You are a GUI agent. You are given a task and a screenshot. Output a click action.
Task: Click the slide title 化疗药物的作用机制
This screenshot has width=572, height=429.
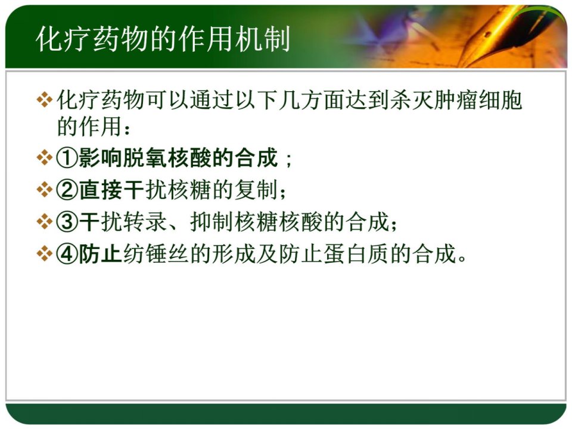[x=163, y=39]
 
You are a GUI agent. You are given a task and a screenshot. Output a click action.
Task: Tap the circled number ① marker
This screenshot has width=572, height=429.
[x=67, y=158]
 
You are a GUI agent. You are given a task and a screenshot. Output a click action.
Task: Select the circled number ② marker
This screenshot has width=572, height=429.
[x=67, y=189]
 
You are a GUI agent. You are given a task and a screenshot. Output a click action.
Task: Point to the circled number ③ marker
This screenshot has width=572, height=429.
[x=67, y=222]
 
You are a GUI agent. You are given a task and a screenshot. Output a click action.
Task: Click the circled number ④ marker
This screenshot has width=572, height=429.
[x=67, y=254]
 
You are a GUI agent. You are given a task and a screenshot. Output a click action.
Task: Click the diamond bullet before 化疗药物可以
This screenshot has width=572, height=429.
[x=45, y=100]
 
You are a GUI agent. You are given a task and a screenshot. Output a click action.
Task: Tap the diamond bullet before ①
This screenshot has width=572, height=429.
[x=45, y=158]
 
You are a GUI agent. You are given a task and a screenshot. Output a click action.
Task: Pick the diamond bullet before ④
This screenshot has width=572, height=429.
[x=45, y=254]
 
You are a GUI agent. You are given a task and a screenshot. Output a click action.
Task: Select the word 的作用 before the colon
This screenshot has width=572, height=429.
[x=89, y=126]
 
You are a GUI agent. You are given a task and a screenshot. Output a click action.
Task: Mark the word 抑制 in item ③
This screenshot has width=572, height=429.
[x=212, y=222]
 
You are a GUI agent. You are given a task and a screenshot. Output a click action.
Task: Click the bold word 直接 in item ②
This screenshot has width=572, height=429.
[x=101, y=189]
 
